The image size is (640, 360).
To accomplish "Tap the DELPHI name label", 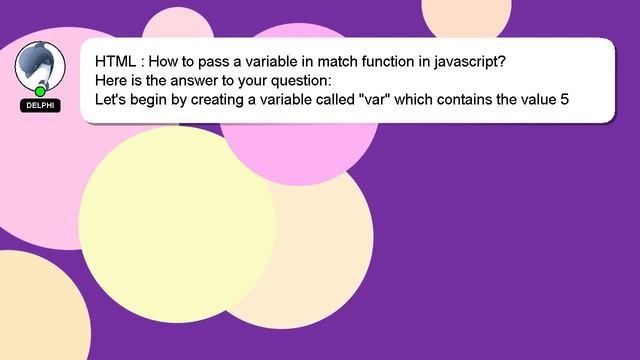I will click(x=40, y=105).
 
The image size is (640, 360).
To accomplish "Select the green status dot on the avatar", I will click(x=41, y=90).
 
